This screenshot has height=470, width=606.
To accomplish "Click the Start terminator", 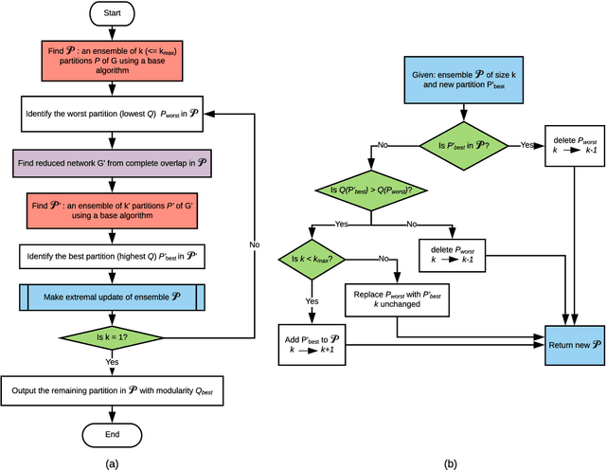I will pyautogui.click(x=113, y=15).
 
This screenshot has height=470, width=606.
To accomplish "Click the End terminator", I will pyautogui.click(x=113, y=435).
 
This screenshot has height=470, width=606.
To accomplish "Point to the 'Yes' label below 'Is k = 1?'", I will pyautogui.click(x=113, y=362).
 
